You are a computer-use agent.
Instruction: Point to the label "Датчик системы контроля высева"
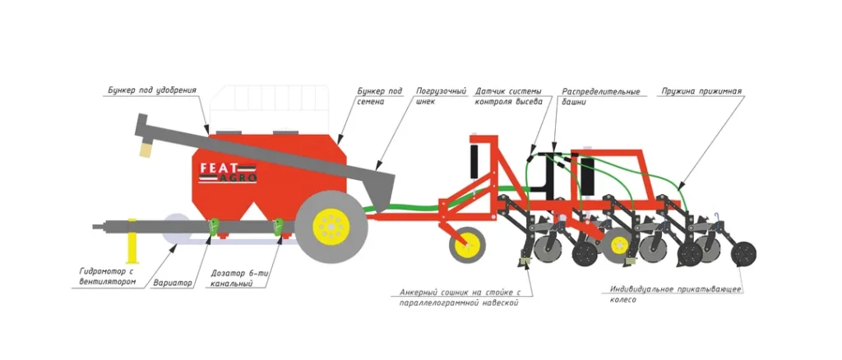[508, 95]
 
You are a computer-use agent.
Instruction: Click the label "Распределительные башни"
[600, 95]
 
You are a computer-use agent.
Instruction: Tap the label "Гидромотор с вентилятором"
[108, 275]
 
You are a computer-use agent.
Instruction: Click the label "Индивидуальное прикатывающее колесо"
[675, 294]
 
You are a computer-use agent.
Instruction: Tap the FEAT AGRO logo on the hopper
[228, 173]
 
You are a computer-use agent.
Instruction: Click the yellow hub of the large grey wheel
[331, 228]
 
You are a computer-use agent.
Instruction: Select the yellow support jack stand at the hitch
[132, 242]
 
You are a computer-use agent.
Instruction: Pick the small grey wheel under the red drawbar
[467, 245]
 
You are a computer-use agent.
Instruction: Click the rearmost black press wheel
[743, 254]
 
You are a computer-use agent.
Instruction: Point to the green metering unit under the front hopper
[215, 227]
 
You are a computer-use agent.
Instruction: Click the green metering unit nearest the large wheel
[280, 227]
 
